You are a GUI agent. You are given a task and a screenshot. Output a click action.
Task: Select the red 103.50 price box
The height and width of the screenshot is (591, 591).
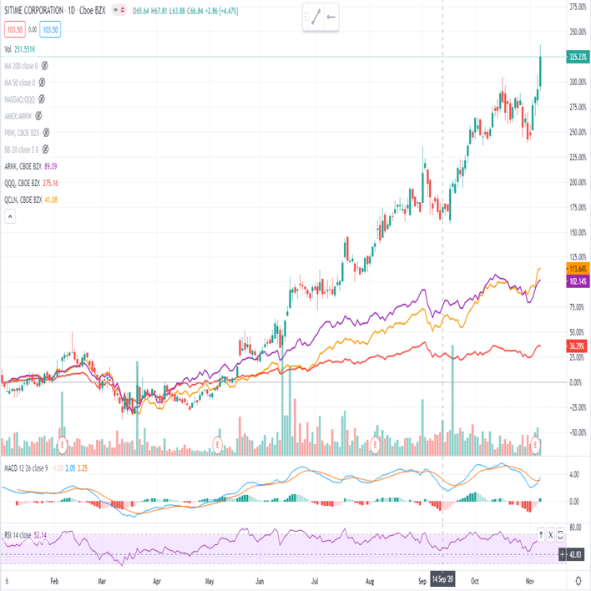(x=13, y=29)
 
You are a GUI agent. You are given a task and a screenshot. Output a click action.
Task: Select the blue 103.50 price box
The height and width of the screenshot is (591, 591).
(x=50, y=29)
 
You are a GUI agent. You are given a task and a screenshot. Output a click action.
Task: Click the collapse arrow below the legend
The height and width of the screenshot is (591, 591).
(x=10, y=217)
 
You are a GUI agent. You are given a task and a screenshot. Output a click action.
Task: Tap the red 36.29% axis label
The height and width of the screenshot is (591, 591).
(x=576, y=346)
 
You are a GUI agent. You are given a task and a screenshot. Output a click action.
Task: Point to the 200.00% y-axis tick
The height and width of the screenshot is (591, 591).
(x=576, y=182)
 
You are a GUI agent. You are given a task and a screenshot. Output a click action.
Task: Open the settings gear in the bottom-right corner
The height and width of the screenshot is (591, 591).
(x=578, y=579)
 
